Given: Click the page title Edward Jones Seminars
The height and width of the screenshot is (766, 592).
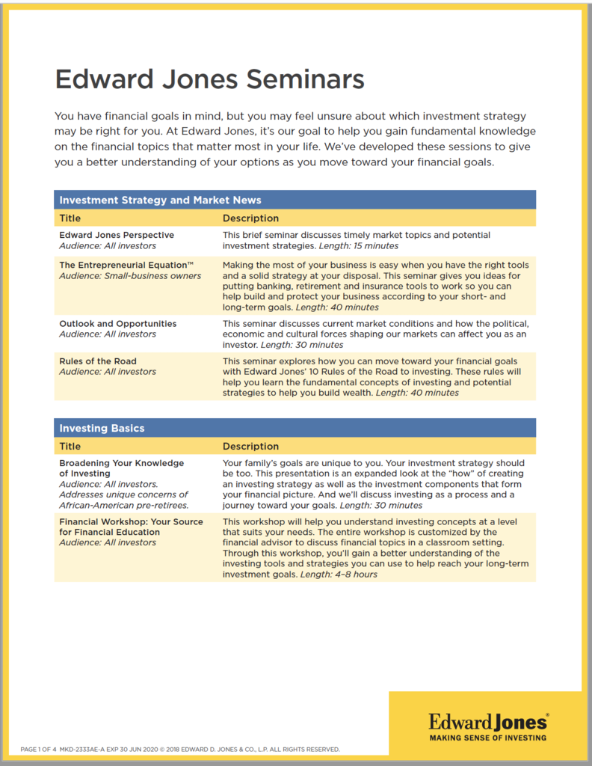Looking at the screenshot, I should [210, 79].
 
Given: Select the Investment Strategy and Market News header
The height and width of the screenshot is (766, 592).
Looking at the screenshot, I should [160, 200].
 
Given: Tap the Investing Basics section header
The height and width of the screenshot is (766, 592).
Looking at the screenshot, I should [102, 428].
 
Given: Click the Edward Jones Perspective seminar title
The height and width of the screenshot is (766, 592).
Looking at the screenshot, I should [117, 235].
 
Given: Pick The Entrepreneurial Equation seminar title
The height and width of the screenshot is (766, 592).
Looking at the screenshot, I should [126, 265].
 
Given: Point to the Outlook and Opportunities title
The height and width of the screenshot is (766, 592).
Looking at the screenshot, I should [118, 324].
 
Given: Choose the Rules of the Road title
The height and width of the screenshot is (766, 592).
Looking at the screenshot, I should [98, 361].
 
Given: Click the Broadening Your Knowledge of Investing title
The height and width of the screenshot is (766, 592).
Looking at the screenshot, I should [121, 468].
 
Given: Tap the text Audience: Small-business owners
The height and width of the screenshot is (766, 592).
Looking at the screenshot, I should [130, 276].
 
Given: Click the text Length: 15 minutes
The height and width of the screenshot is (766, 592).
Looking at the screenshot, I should [359, 245].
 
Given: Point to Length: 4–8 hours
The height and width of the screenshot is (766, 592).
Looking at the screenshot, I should [339, 574].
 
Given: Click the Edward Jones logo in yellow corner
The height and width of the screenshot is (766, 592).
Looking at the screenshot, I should [487, 722].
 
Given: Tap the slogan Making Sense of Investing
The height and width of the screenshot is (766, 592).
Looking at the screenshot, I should [487, 738].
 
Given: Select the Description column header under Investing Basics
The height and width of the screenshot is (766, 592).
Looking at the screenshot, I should [250, 447].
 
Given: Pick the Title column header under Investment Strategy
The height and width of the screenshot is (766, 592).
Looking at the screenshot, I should [70, 218].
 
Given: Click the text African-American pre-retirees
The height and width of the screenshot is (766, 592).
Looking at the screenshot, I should [123, 505].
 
